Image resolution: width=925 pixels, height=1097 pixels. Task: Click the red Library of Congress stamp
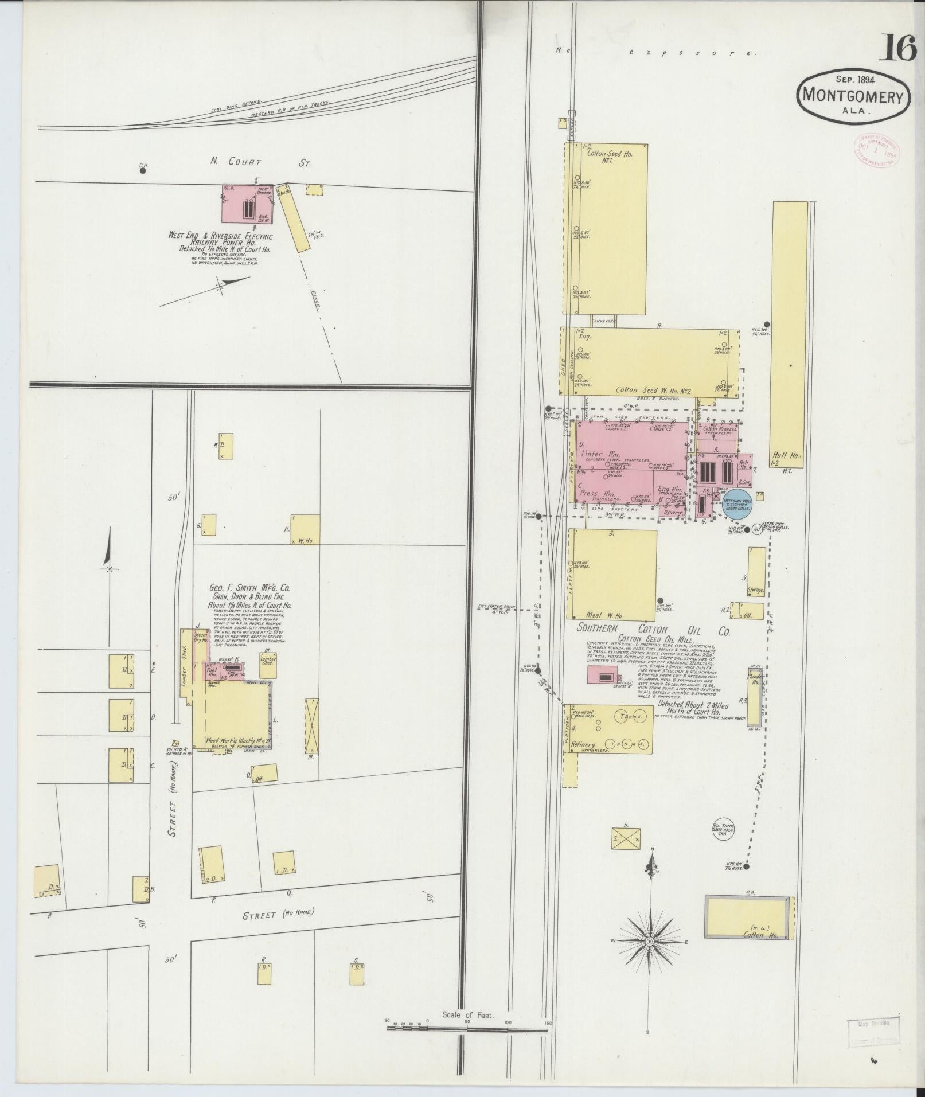[876, 150]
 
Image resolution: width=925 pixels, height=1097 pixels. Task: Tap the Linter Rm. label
[596, 454]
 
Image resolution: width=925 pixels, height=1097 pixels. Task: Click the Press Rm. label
[597, 493]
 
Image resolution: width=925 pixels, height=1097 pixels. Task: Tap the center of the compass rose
[650, 942]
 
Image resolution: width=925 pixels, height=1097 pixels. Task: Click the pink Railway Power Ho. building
[247, 204]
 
